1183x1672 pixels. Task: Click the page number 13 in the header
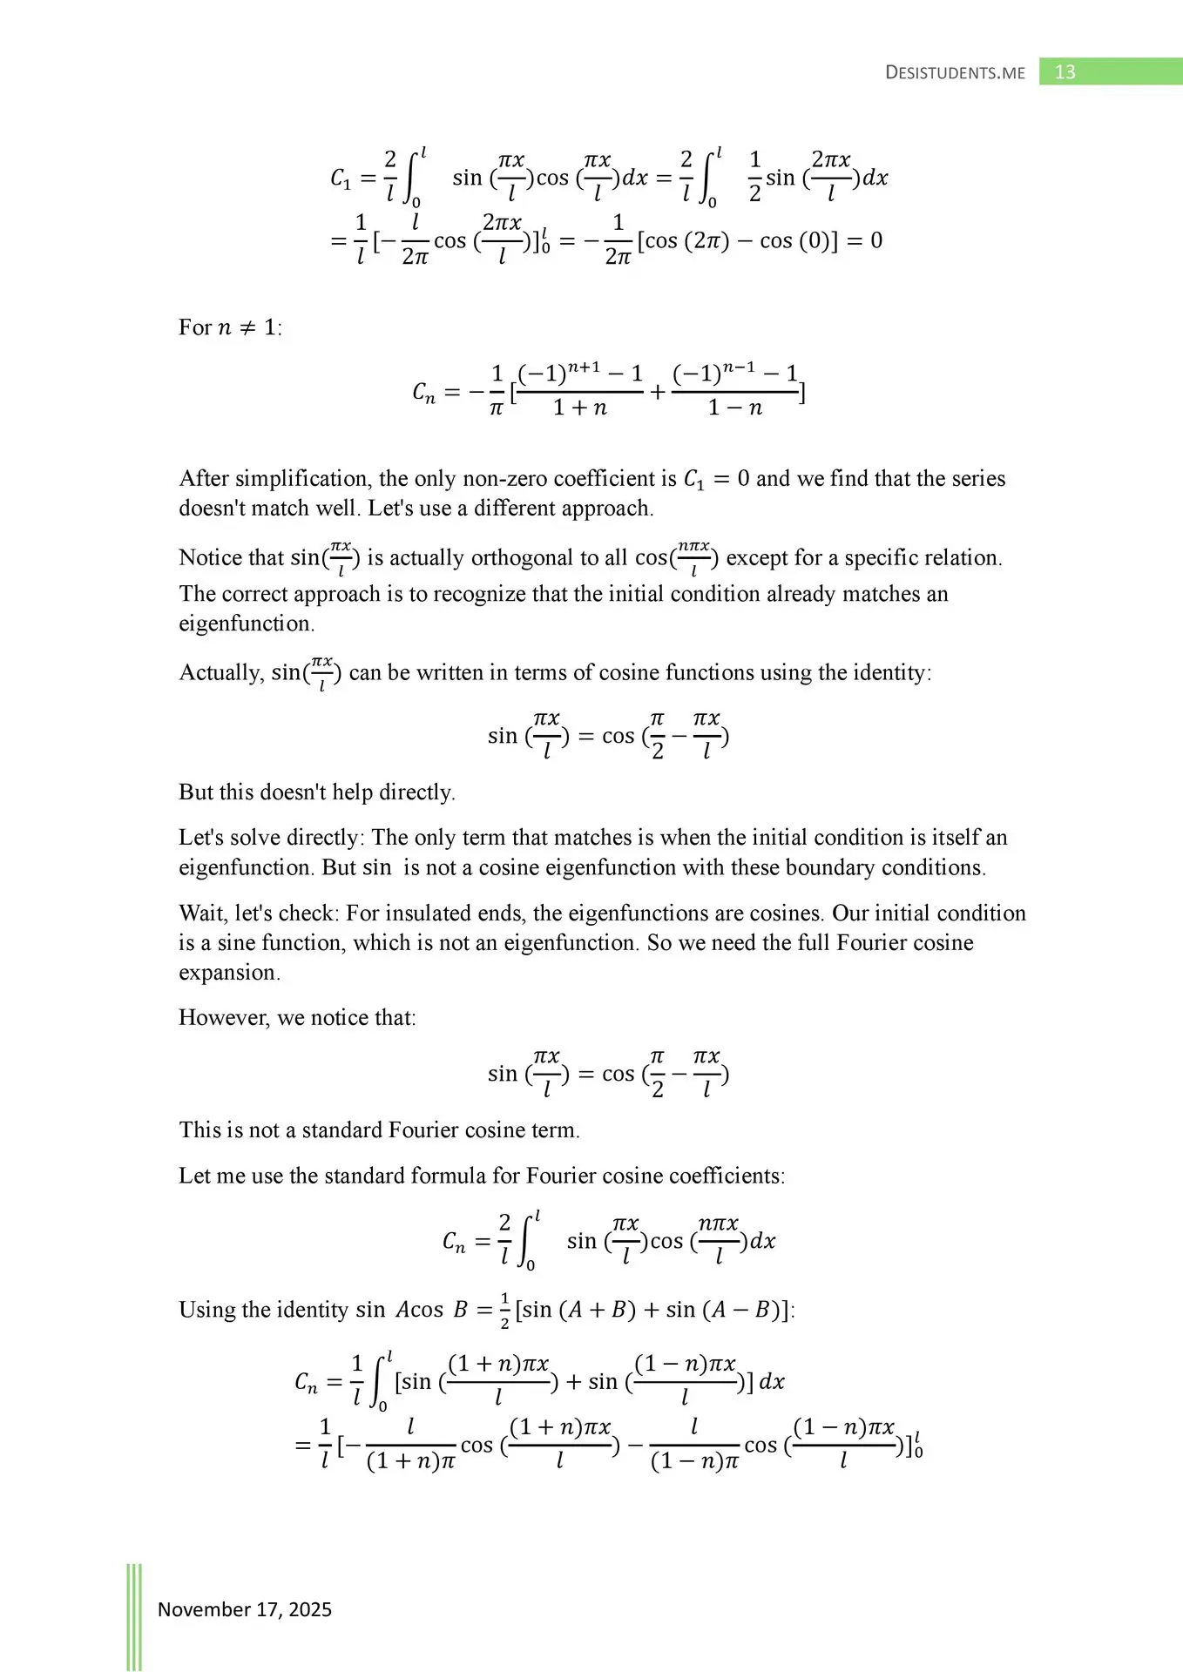1065,72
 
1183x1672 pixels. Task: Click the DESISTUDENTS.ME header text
955,73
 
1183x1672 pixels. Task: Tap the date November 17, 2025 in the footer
244,1609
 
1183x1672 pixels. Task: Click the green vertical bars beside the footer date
134,1616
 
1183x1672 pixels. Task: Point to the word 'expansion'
228,973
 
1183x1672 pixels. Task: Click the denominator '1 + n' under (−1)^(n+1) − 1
580,408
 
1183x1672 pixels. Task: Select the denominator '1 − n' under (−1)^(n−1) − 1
735,408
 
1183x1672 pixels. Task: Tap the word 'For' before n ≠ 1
195,327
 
